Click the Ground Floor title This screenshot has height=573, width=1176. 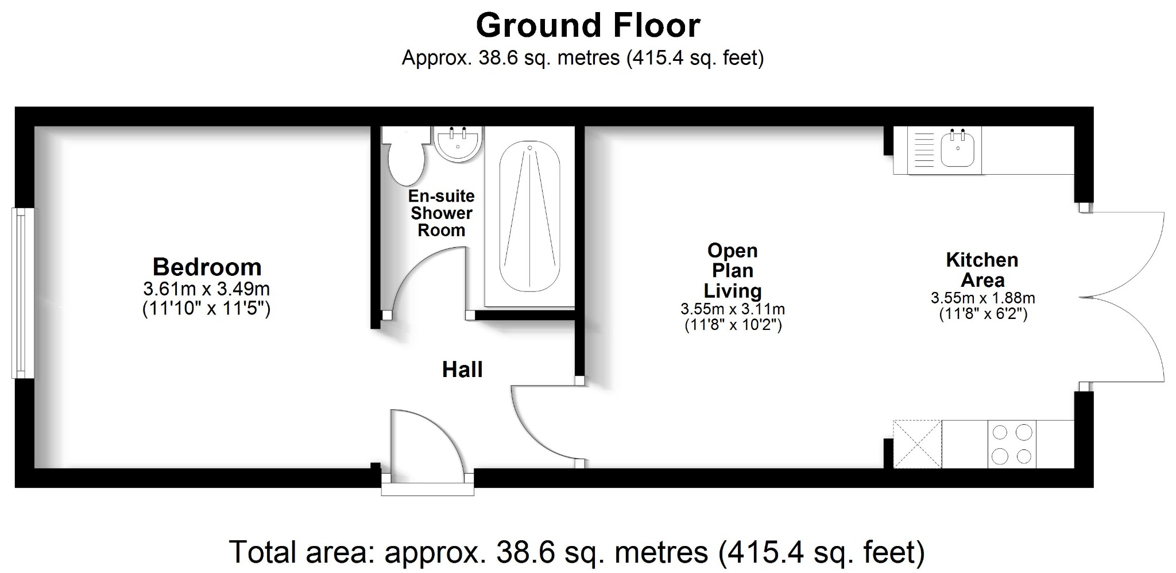tap(588, 26)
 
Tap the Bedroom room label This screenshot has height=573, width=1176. tap(207, 267)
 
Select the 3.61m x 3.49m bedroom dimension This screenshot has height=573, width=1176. tap(207, 289)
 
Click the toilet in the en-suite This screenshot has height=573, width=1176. tap(405, 158)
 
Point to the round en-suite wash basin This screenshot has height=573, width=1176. tap(458, 143)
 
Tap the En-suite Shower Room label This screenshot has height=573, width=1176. tap(441, 213)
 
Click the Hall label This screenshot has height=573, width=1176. tap(462, 370)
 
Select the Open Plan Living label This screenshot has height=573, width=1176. tap(732, 271)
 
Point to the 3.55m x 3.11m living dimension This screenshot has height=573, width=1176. tap(733, 309)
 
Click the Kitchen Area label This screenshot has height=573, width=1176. tap(982, 270)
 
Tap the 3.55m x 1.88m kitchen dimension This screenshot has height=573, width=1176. tap(982, 298)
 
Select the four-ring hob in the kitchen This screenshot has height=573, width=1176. tap(1012, 444)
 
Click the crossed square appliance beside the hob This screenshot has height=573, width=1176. tap(917, 444)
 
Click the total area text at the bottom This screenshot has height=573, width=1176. tap(577, 552)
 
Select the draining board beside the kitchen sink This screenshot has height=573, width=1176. tap(923, 151)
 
